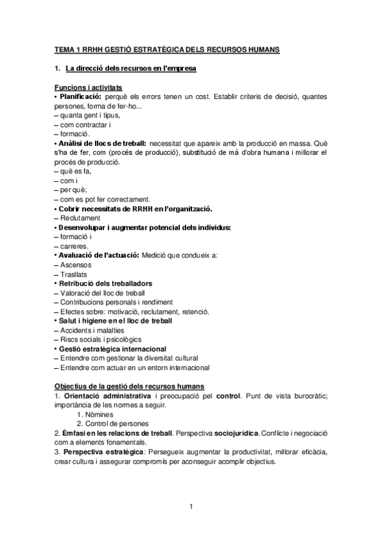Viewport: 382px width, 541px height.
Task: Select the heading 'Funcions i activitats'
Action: [89, 87]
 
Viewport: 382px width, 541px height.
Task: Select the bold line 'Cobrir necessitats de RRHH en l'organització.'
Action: [135, 209]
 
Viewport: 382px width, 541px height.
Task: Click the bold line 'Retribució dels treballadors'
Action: [105, 283]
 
